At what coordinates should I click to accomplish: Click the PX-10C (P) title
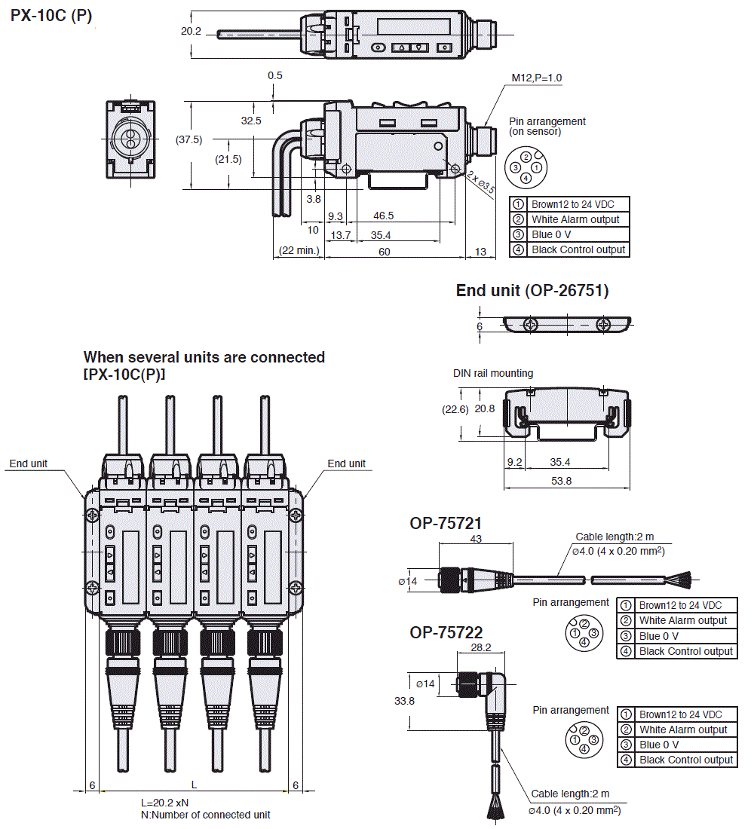tap(51, 15)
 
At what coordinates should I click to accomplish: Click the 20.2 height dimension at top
tap(192, 32)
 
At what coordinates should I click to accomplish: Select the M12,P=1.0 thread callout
tap(537, 78)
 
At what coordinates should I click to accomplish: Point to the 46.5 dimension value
tap(384, 216)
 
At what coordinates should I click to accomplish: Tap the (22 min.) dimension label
tap(299, 251)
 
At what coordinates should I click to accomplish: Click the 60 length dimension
tap(385, 251)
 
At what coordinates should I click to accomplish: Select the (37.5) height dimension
tap(188, 139)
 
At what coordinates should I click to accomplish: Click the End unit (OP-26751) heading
tap(532, 291)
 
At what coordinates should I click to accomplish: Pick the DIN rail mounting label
tap(493, 373)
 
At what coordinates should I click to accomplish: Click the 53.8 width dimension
tap(561, 480)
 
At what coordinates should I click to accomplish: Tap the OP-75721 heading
tap(446, 523)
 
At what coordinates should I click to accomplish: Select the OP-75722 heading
tap(446, 632)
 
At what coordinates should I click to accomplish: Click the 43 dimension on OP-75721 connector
tap(475, 539)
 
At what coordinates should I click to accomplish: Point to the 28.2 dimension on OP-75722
tap(481, 647)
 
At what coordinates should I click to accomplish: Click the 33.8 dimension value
tap(406, 700)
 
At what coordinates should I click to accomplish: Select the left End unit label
tap(29, 463)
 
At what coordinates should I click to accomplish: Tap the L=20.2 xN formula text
tap(165, 803)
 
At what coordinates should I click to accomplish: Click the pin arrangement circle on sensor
tap(526, 167)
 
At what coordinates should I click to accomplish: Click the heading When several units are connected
tap(204, 357)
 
